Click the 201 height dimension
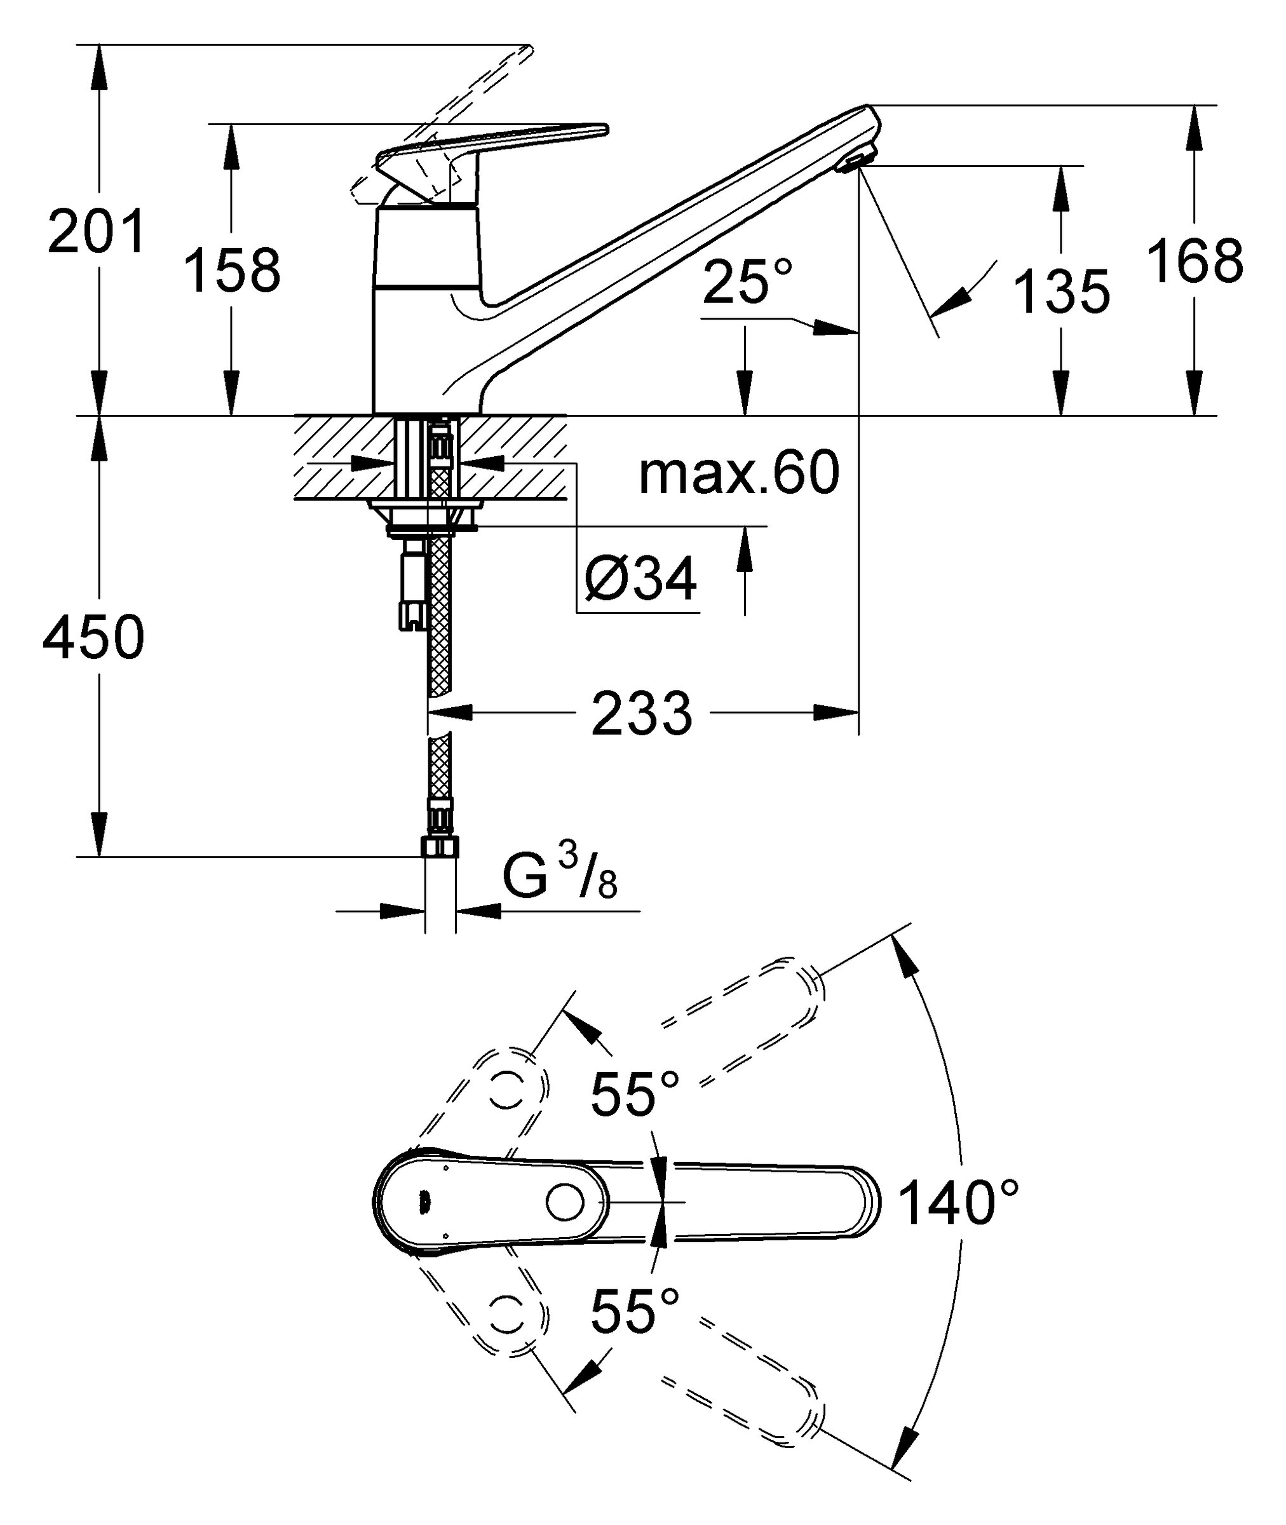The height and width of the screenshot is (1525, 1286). pyautogui.click(x=97, y=231)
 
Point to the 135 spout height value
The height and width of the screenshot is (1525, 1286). pyautogui.click(x=1062, y=292)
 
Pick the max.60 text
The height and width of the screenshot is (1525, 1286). pyautogui.click(x=738, y=473)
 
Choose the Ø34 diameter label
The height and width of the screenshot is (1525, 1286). pyautogui.click(x=641, y=579)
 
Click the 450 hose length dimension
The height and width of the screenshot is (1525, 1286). pyautogui.click(x=94, y=637)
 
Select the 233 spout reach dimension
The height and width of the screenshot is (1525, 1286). pyautogui.click(x=642, y=714)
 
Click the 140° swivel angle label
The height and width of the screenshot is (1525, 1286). pyautogui.click(x=958, y=1202)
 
